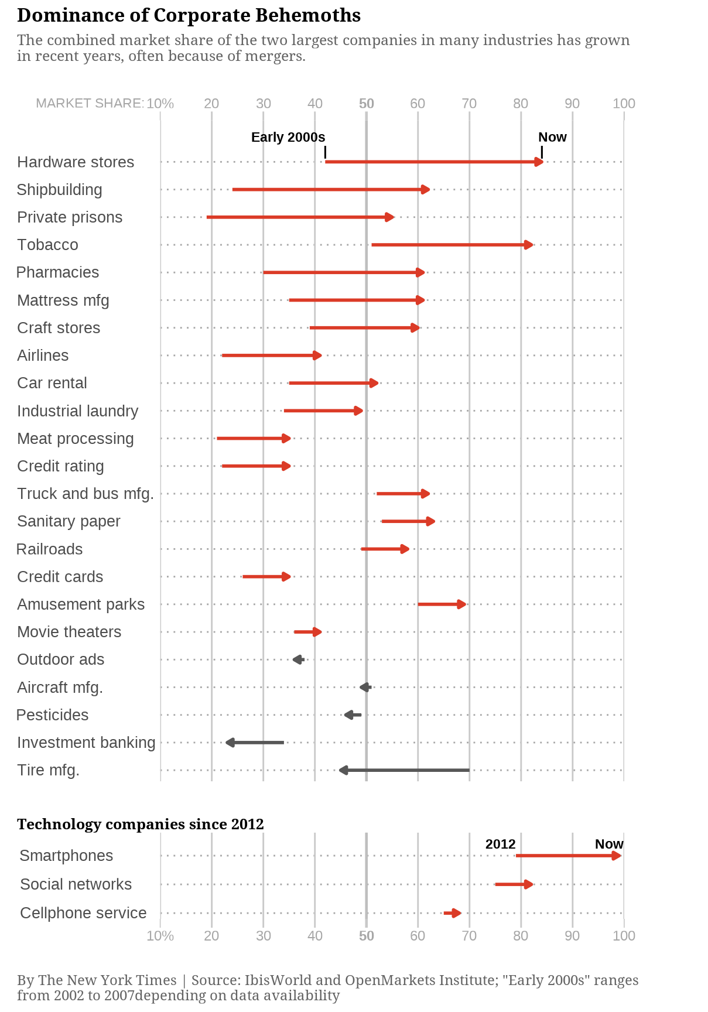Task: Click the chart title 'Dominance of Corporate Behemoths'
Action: pos(189,15)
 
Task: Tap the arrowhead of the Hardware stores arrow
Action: pos(539,162)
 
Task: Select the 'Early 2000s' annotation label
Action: pos(288,137)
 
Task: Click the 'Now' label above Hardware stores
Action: pos(552,137)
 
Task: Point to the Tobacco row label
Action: pos(47,245)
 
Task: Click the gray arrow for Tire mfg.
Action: pos(404,770)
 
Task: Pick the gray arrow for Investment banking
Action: pos(255,743)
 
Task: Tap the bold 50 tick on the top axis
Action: pos(366,104)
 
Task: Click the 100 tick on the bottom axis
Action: pos(624,935)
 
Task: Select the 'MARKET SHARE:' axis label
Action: pos(90,104)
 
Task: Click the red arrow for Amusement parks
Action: pos(442,604)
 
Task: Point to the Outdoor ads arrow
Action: pos(298,660)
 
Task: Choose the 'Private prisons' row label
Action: pos(70,217)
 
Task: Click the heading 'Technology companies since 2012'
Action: pos(141,824)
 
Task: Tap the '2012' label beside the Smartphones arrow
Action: pos(500,844)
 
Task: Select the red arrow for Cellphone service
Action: pos(453,913)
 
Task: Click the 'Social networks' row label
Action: pos(76,884)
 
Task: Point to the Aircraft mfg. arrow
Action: pos(365,688)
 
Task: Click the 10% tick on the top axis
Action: pos(160,104)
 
